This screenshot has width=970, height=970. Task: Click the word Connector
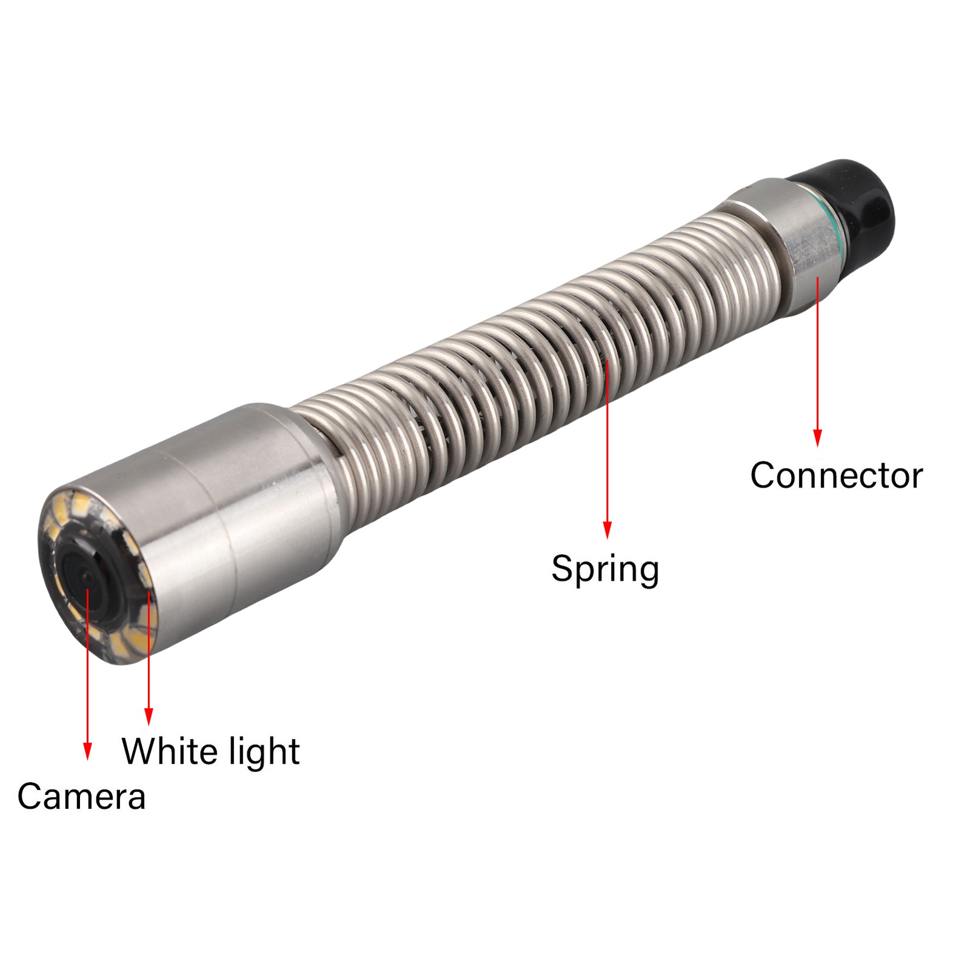click(x=836, y=475)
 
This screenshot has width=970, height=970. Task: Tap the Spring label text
click(x=605, y=569)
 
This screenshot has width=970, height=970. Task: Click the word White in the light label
click(x=163, y=751)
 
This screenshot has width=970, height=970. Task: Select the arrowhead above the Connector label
click(x=817, y=438)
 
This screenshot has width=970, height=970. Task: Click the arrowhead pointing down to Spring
click(x=607, y=530)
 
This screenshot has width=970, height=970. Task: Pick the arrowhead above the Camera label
click(x=88, y=751)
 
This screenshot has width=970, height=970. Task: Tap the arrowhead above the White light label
click(x=149, y=717)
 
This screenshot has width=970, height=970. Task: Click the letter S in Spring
click(x=562, y=568)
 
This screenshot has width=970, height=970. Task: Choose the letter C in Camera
click(x=30, y=796)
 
